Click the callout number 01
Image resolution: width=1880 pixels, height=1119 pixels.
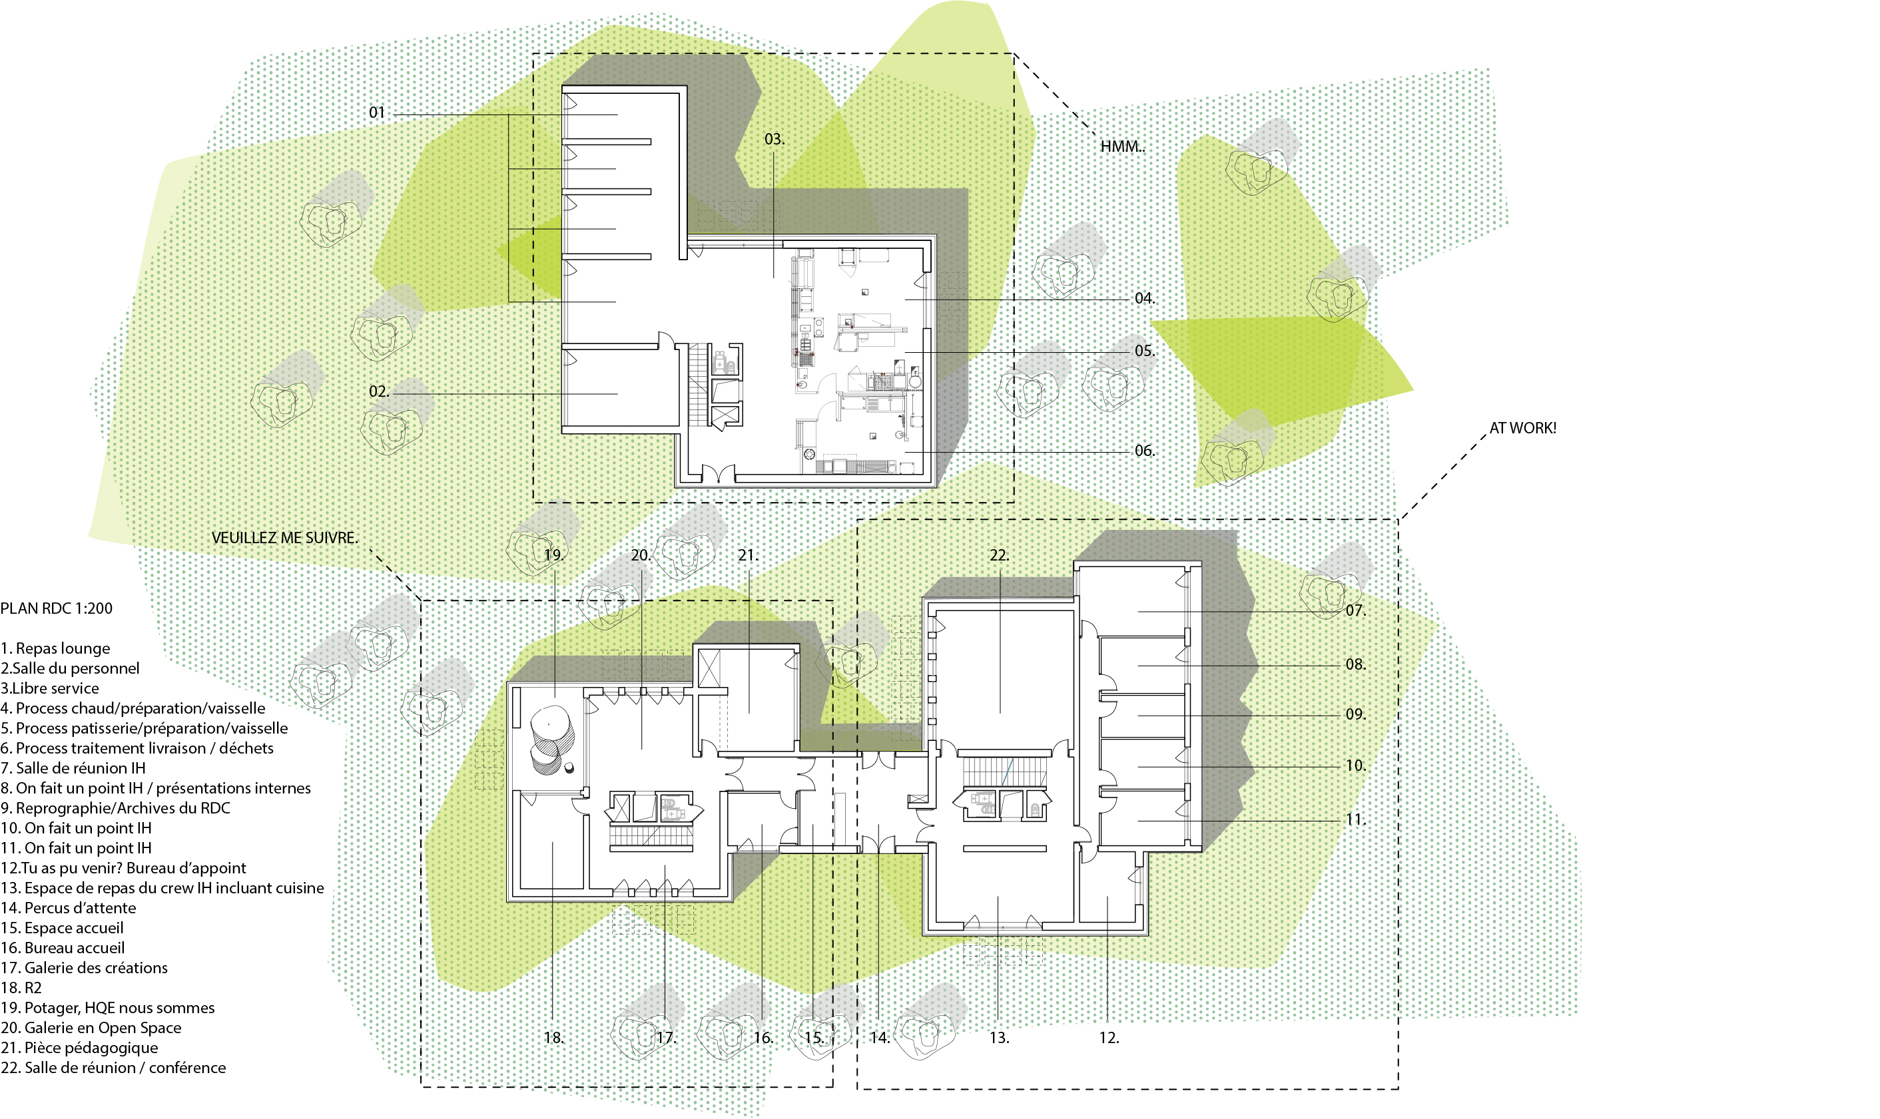(x=377, y=112)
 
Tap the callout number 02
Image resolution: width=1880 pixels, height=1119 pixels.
(x=378, y=391)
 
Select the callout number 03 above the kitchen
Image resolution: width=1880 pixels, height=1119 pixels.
(x=775, y=140)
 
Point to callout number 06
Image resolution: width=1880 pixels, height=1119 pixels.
(x=1145, y=451)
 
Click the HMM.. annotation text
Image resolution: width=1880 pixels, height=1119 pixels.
(x=1122, y=146)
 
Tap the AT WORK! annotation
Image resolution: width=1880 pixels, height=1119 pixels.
(x=1522, y=427)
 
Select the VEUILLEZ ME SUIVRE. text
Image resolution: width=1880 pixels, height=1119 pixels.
(x=285, y=538)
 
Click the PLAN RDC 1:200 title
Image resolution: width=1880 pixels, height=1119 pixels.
(x=57, y=608)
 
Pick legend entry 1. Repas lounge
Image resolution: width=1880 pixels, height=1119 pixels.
(x=55, y=648)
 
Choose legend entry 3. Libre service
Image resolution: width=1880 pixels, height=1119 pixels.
(x=50, y=688)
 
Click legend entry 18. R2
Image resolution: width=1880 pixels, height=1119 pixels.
(x=21, y=988)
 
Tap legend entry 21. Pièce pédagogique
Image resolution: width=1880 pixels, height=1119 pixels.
(x=79, y=1048)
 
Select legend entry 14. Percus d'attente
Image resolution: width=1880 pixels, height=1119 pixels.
(x=68, y=908)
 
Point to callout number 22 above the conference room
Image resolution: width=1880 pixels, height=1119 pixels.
(x=999, y=556)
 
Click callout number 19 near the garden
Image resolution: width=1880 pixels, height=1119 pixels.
(x=554, y=556)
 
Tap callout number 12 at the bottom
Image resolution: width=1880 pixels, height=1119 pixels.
(x=1109, y=1038)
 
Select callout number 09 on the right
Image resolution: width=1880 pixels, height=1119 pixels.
(x=1356, y=714)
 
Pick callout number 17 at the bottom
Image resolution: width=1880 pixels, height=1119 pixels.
(x=665, y=1038)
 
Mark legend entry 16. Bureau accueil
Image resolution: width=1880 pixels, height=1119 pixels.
(x=63, y=948)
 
